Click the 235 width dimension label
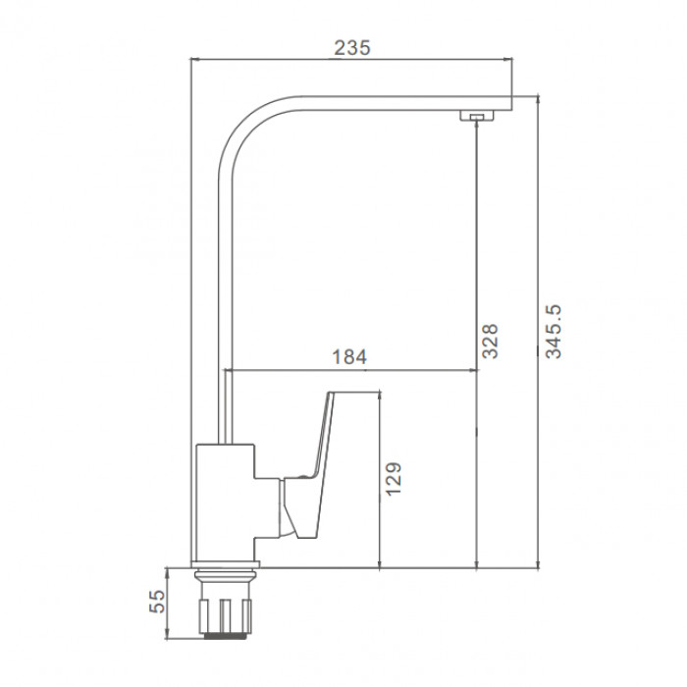[351, 48]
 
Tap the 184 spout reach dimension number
[349, 356]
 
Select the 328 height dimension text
[490, 342]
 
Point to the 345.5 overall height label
[553, 332]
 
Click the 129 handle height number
[394, 479]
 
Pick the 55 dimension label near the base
[158, 601]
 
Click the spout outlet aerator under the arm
[476, 115]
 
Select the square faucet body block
[225, 502]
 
